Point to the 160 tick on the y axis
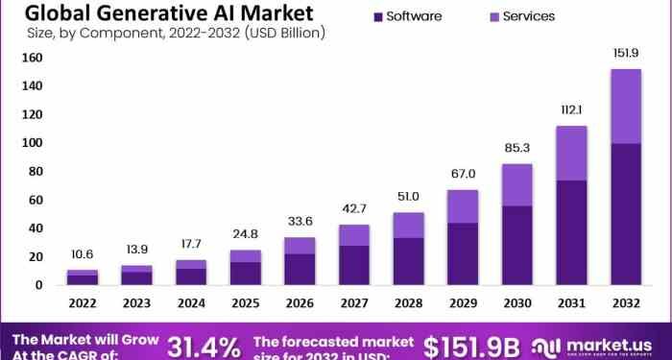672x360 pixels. [x=32, y=58]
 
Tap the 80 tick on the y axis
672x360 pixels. [x=35, y=171]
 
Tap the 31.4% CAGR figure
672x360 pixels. [x=204, y=346]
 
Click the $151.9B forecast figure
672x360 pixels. [x=472, y=346]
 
